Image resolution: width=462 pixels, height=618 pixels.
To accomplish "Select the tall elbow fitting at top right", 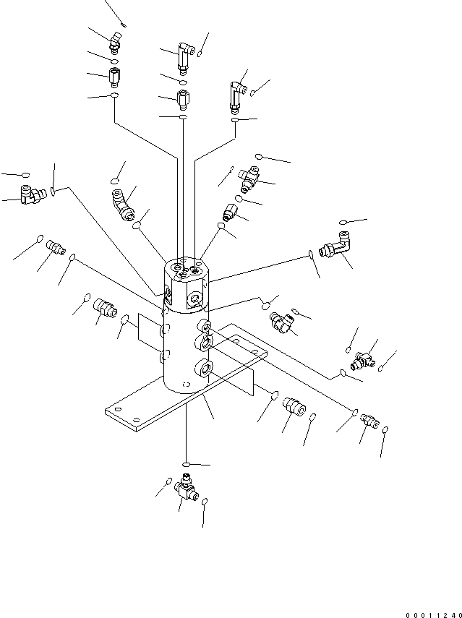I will click(236, 96).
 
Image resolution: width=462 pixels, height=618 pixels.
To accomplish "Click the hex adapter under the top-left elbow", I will click(114, 75).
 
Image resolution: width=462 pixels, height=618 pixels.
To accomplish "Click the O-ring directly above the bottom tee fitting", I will click(186, 464).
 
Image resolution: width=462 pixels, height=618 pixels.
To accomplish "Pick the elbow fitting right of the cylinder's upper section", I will click(281, 322).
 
